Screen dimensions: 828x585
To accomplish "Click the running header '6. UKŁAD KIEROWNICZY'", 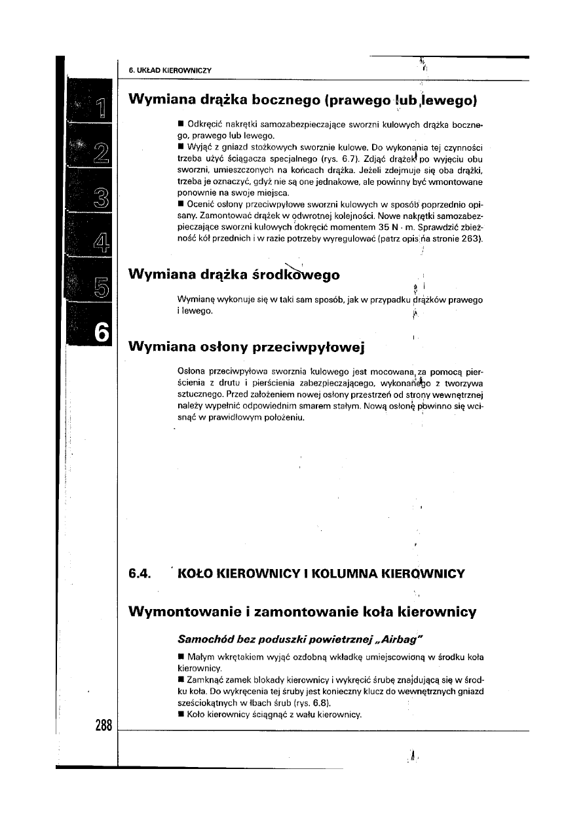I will [x=170, y=70].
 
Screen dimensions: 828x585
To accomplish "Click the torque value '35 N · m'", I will [x=381, y=227].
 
